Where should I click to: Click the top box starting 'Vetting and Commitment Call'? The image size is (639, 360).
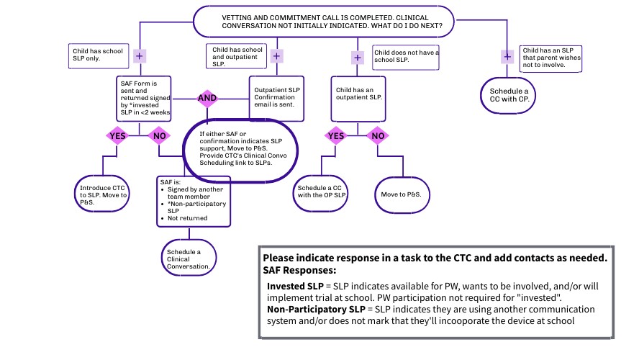(x=323, y=21)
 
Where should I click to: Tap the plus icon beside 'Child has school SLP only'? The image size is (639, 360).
(x=140, y=55)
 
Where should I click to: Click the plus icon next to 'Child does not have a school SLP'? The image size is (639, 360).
(x=358, y=58)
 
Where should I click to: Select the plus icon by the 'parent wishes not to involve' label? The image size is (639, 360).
(x=507, y=56)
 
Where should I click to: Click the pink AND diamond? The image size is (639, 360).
(x=207, y=98)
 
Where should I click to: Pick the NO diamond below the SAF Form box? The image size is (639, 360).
(x=160, y=135)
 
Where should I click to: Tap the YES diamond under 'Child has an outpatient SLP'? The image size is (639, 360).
(x=335, y=135)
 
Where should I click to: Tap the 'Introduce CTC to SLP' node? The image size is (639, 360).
(x=103, y=194)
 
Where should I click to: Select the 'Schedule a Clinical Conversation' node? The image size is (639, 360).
(x=188, y=257)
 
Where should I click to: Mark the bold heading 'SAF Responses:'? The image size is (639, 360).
(x=299, y=270)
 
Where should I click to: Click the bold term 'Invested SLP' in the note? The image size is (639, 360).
(x=295, y=286)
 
